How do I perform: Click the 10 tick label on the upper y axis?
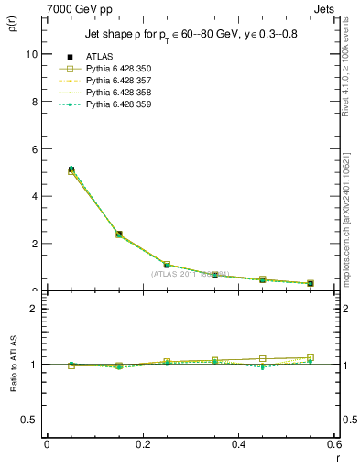[31, 54]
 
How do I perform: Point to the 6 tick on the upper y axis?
[34, 148]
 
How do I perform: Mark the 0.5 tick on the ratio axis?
[30, 420]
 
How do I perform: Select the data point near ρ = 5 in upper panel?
[71, 170]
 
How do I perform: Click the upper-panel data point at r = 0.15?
[119, 234]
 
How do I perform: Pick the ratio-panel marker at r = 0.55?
[311, 358]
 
